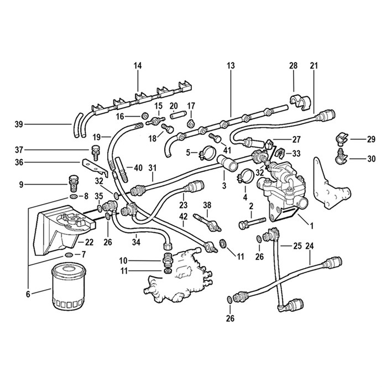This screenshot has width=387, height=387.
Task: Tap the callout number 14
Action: click(x=138, y=66)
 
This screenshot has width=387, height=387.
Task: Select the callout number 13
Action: click(x=231, y=66)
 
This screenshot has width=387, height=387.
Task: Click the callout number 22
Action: click(x=89, y=242)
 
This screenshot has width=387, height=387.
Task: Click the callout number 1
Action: click(x=311, y=225)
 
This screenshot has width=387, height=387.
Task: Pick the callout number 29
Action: click(x=371, y=139)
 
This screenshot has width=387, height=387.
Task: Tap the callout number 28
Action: click(x=294, y=66)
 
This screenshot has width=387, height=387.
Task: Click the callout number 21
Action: click(x=315, y=66)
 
